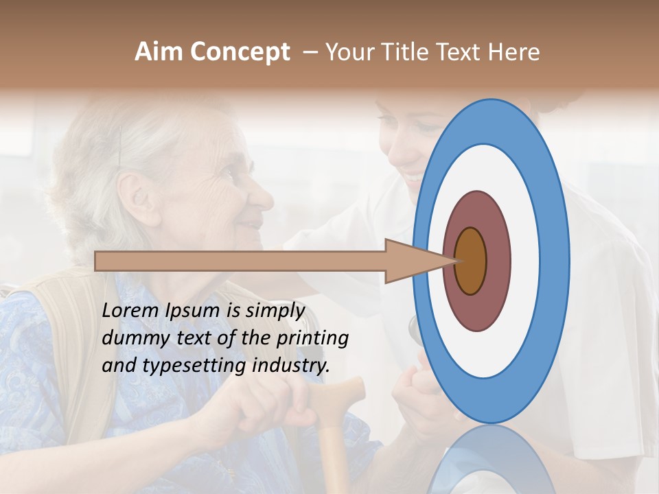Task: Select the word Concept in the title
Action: [240, 52]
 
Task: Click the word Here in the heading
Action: [515, 52]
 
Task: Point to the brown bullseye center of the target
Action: [471, 261]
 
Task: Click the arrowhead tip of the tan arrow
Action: [454, 261]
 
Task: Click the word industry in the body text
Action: [291, 365]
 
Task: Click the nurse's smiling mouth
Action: [415, 180]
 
